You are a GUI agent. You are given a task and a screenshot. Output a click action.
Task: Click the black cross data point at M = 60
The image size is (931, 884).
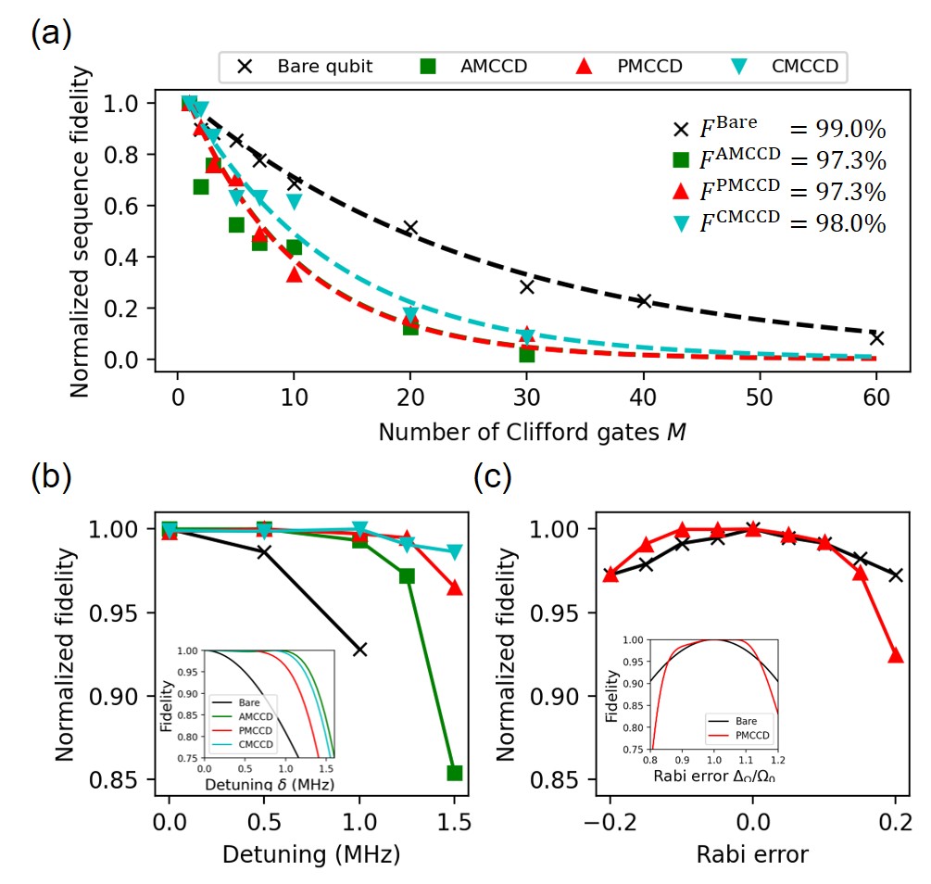click(x=875, y=338)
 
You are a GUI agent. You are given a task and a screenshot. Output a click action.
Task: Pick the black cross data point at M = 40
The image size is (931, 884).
click(x=644, y=301)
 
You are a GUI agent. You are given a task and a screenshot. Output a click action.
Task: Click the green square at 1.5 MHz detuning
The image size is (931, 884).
click(x=455, y=772)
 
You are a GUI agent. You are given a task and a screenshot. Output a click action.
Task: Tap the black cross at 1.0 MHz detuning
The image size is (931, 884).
click(x=359, y=649)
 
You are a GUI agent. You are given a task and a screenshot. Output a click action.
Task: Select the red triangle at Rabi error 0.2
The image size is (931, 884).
click(x=896, y=655)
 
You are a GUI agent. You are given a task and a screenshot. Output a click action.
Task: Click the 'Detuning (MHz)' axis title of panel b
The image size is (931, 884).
click(x=311, y=855)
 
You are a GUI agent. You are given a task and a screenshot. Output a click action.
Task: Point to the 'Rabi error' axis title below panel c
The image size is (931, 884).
click(x=752, y=855)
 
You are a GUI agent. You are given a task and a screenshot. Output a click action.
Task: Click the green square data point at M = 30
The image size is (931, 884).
click(x=527, y=355)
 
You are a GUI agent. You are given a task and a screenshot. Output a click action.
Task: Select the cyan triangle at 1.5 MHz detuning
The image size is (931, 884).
click(x=455, y=552)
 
